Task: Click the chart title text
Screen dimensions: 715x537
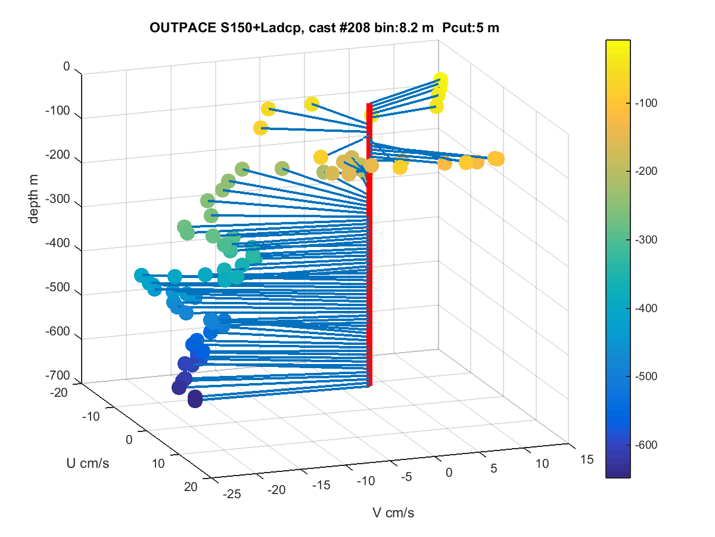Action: tap(324, 27)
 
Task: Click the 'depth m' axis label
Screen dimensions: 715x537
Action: tap(33, 199)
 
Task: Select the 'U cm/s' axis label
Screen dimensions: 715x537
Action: tap(88, 464)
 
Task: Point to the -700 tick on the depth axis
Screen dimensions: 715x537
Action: tap(58, 375)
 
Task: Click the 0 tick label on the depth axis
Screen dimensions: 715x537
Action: tap(67, 66)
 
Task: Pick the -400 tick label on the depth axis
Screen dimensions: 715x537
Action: tap(58, 243)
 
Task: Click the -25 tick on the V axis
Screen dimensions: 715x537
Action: tap(232, 494)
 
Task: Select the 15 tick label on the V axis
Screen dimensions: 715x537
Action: tap(587, 459)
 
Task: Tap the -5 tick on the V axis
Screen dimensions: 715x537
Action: tap(406, 477)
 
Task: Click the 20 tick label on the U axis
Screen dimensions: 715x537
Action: tap(191, 487)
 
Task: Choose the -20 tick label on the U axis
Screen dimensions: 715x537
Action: tap(58, 393)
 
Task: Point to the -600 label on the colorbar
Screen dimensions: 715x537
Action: tap(646, 445)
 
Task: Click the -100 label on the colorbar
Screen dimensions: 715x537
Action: tap(646, 103)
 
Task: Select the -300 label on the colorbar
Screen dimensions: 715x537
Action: tap(646, 240)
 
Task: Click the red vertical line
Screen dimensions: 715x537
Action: tap(369, 245)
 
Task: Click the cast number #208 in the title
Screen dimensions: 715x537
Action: tap(355, 27)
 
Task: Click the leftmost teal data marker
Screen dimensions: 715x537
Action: tap(141, 276)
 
